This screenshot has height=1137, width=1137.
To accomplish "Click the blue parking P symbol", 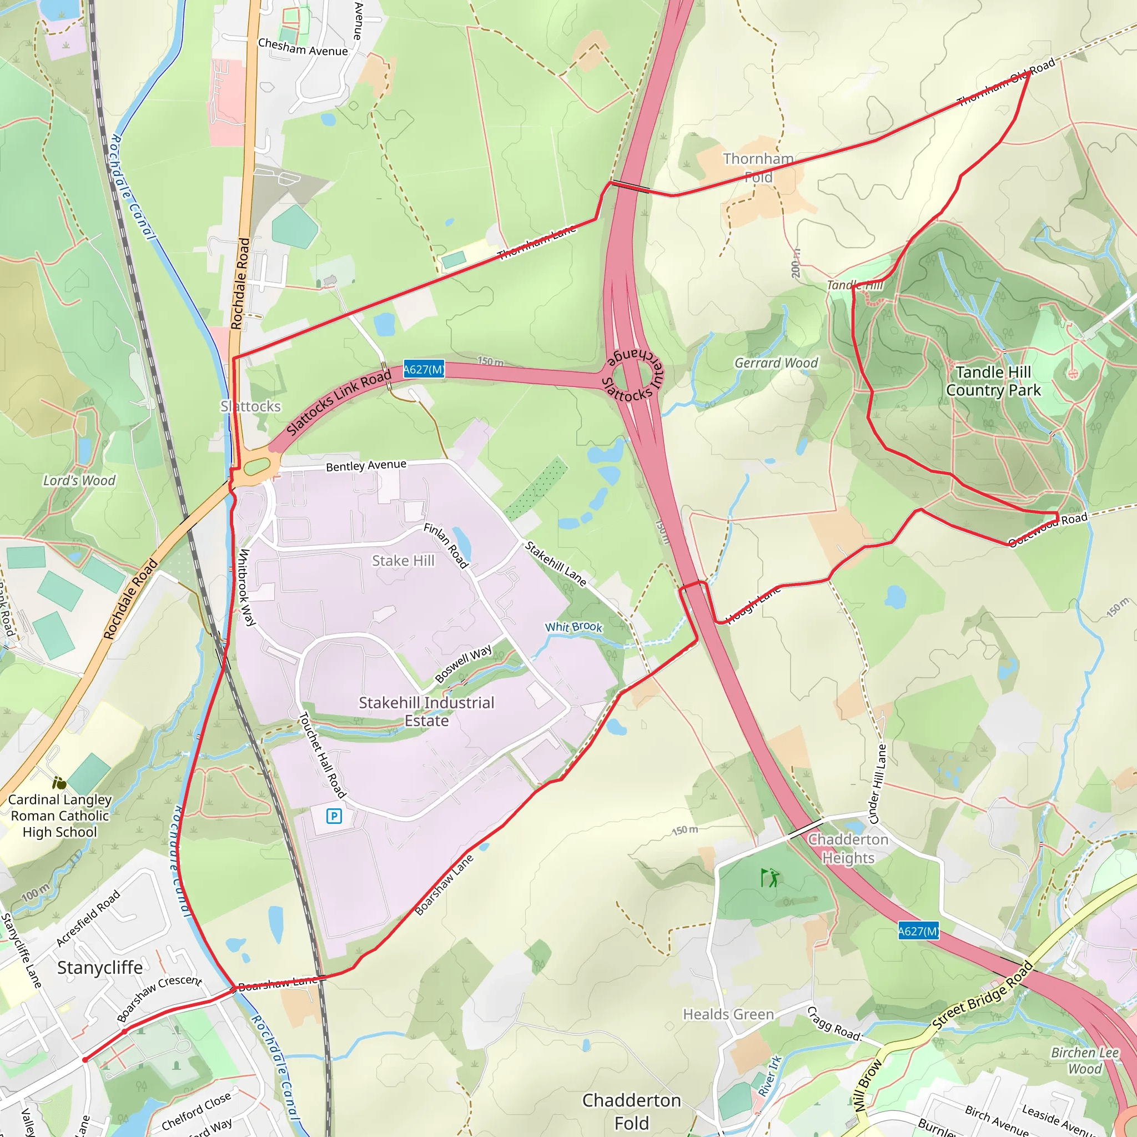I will click(x=334, y=816).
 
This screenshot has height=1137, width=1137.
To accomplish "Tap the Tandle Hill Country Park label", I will click(x=993, y=381).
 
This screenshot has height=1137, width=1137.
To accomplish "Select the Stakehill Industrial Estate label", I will click(x=427, y=711).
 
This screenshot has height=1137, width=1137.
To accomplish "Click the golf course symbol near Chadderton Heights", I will click(x=768, y=878).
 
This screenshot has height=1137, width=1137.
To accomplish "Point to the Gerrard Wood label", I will click(x=776, y=363).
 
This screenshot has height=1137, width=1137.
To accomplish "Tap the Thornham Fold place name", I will click(x=758, y=168).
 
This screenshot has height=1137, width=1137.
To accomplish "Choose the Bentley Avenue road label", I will click(x=366, y=465).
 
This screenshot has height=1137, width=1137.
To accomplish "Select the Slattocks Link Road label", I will click(x=339, y=403).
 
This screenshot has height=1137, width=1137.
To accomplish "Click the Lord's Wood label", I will click(x=79, y=480).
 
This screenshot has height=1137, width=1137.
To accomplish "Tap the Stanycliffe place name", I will click(x=100, y=967).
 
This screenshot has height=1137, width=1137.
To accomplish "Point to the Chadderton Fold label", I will click(x=631, y=1111).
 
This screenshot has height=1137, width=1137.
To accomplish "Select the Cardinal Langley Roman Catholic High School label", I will click(x=60, y=816).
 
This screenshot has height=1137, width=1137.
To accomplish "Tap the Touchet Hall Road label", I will click(x=323, y=754).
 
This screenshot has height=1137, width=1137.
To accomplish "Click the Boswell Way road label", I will click(x=464, y=664).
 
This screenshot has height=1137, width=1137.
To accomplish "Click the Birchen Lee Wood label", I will click(x=1085, y=1060).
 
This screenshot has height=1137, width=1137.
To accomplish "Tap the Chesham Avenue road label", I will click(x=303, y=47).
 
